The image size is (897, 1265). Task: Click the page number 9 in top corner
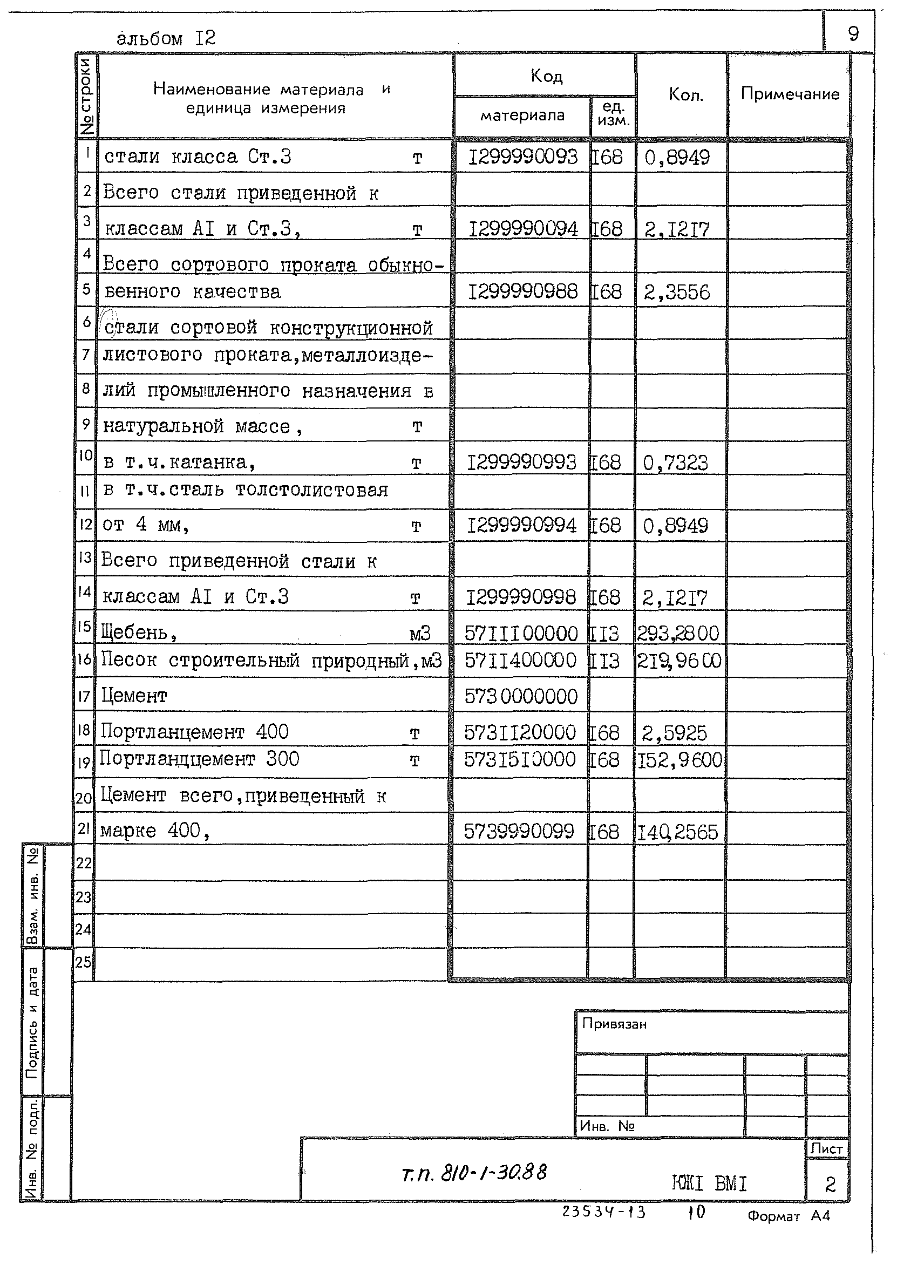(x=853, y=34)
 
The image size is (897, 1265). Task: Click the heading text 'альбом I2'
(x=166, y=38)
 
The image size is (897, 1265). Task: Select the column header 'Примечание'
(x=789, y=94)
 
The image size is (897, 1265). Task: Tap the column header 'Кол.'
(x=685, y=95)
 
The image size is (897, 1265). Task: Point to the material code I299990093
(x=522, y=158)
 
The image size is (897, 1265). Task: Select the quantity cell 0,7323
(x=675, y=463)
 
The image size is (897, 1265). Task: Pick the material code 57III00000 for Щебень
(x=521, y=634)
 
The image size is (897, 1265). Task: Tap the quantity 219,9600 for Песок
(x=679, y=661)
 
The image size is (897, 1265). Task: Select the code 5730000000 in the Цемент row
(x=520, y=697)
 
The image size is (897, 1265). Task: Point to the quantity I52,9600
(x=679, y=760)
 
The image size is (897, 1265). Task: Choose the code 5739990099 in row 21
(x=519, y=832)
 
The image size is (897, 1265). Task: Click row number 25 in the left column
(x=84, y=962)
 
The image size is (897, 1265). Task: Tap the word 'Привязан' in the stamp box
(x=614, y=1024)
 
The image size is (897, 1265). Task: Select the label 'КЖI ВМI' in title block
(x=709, y=1184)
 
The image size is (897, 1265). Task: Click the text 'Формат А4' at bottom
(x=788, y=1216)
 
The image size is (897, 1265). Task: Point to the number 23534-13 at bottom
(x=603, y=1212)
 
